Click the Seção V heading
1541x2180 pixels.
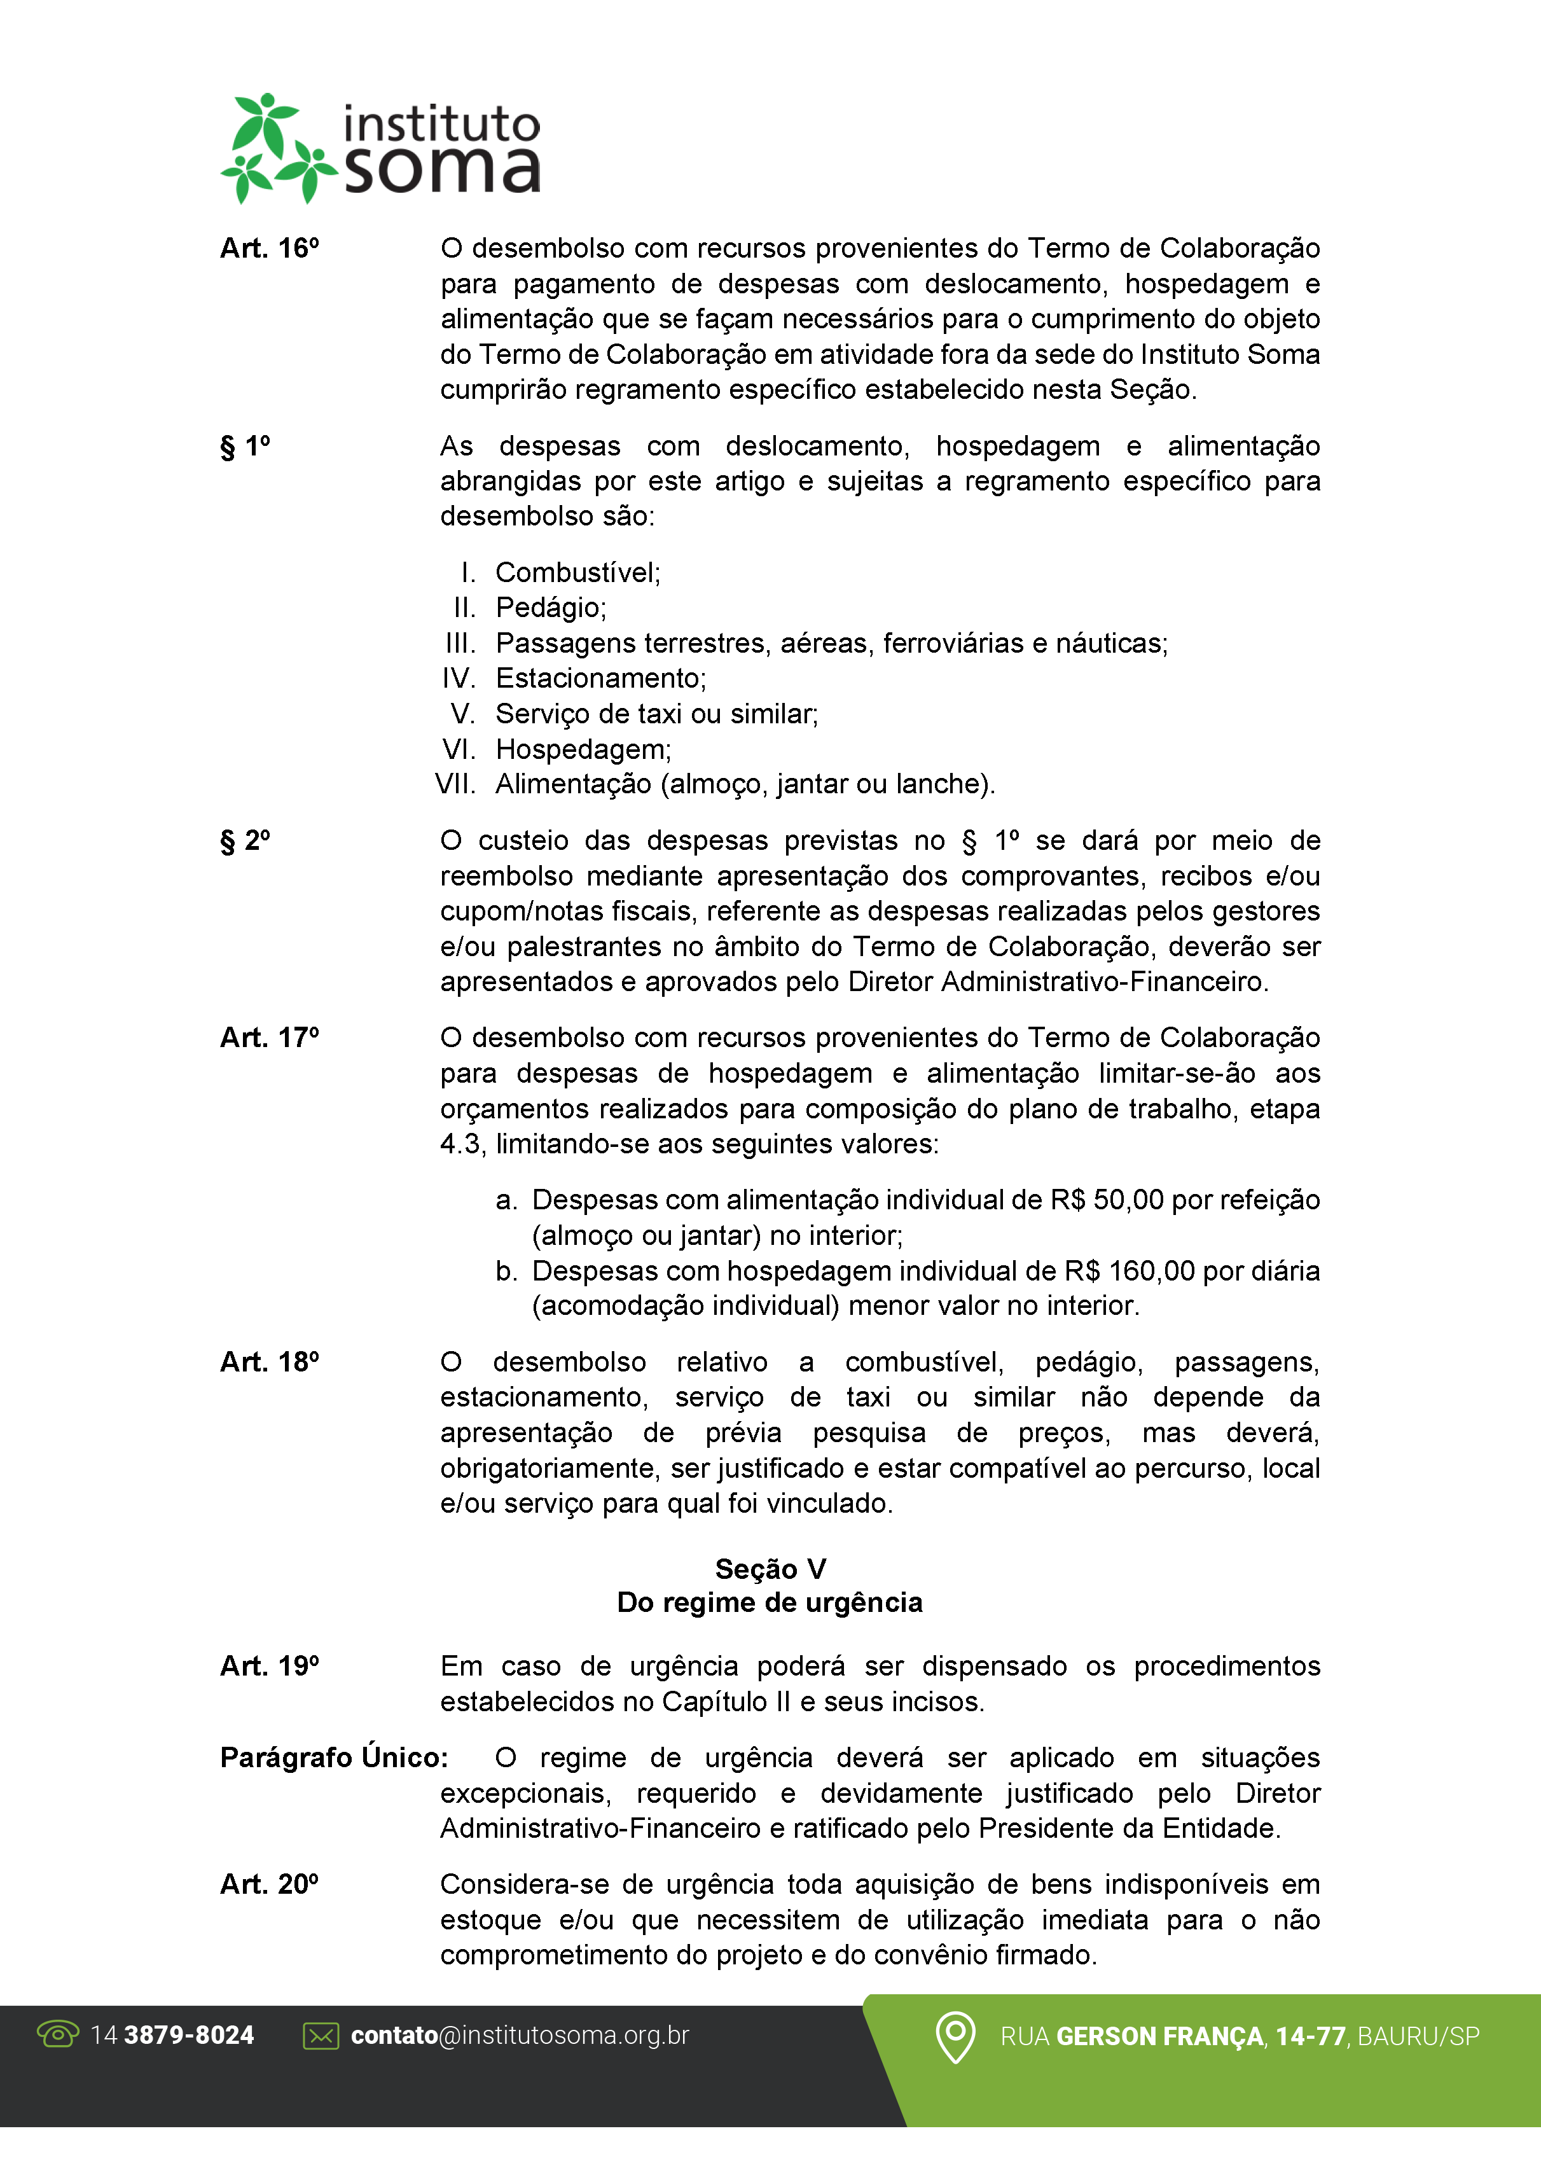coord(770,1569)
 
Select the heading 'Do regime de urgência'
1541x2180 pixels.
coord(770,1603)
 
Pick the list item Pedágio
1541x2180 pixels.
coord(551,607)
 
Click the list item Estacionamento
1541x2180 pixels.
coord(600,678)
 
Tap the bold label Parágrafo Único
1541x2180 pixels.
coord(333,1758)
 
